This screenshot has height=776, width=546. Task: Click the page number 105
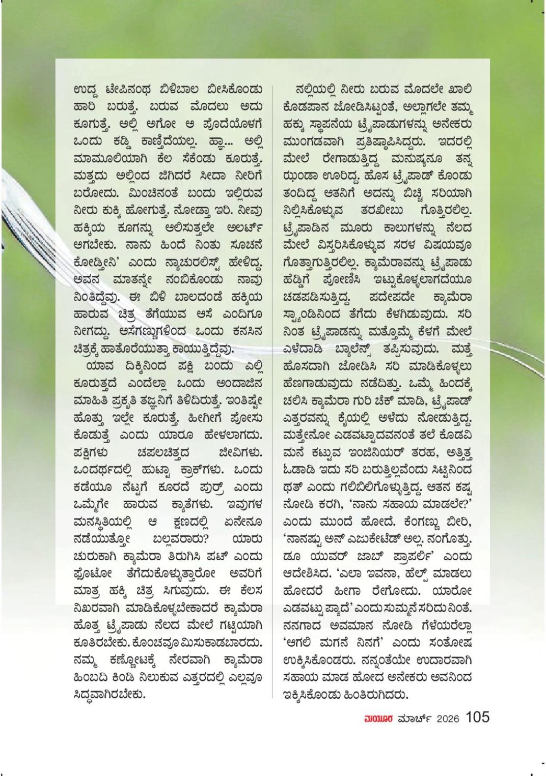point(477,717)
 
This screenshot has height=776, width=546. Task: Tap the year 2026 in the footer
point(446,718)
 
